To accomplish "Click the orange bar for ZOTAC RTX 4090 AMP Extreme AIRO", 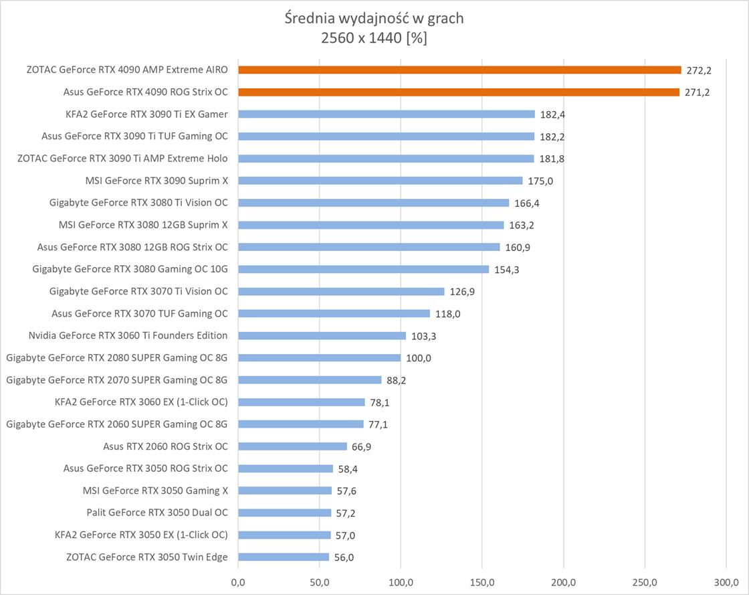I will point(459,70).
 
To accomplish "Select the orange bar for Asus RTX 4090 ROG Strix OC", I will point(459,92).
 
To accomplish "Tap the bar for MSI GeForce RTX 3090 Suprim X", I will point(380,181).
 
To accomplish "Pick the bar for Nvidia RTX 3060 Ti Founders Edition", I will point(322,335).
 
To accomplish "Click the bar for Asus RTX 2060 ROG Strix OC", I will point(292,446).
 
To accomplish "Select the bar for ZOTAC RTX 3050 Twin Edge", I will point(284,557).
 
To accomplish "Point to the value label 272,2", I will point(697,70).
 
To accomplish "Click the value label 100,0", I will point(419,358).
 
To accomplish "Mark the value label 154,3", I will point(507,269).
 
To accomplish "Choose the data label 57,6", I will point(346,491).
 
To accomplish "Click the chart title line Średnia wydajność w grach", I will point(374,18).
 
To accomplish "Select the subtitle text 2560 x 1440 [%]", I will point(374,39).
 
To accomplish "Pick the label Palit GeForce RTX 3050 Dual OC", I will point(157,513).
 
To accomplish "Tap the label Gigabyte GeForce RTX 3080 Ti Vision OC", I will point(138,203).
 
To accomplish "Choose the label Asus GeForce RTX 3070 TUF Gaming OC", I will point(140,313).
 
